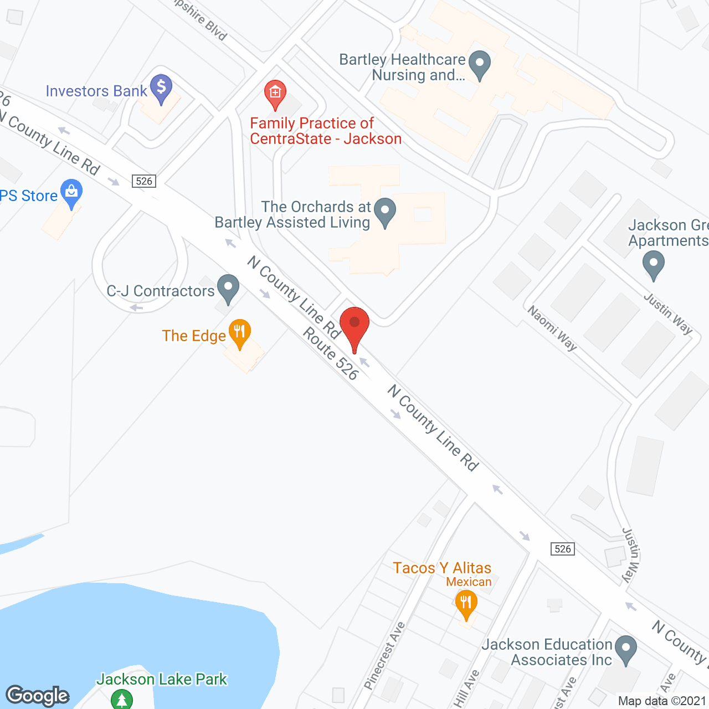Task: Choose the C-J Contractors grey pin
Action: coord(228,288)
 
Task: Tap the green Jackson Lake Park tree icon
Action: coord(122,698)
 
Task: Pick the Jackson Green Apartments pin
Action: coord(654,265)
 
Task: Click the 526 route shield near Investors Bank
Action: coord(144,181)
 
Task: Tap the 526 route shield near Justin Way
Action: coord(563,549)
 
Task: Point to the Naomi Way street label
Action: coord(552,328)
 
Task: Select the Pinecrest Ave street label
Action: coord(386,656)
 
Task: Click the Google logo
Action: coord(38,695)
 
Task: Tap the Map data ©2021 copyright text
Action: coord(662,701)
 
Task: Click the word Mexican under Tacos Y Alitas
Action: coord(469,582)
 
